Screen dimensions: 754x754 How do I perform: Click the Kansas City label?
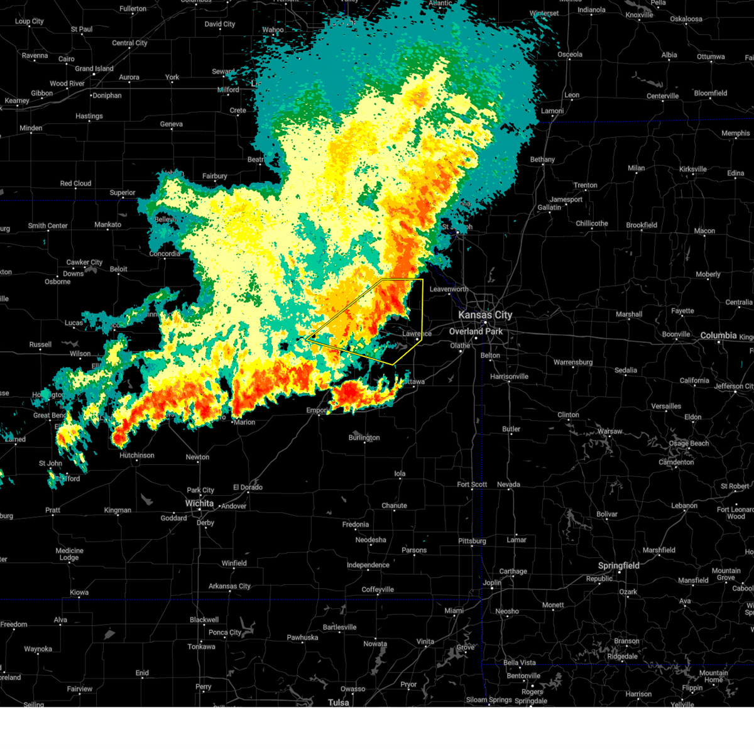tap(485, 315)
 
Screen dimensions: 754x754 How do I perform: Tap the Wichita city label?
tap(199, 503)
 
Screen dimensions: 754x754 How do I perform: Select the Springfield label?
tap(618, 565)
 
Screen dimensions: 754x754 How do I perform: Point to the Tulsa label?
tap(338, 702)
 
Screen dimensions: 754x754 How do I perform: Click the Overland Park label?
tap(476, 331)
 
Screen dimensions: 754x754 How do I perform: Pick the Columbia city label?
tap(718, 336)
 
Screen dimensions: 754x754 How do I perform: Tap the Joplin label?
tap(492, 582)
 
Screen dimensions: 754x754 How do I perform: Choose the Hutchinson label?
tap(137, 456)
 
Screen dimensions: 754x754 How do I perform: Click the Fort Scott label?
tap(472, 484)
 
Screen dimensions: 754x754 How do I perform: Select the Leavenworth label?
tap(449, 289)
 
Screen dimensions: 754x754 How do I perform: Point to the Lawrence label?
tap(417, 334)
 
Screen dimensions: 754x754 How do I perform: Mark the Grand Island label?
tap(94, 68)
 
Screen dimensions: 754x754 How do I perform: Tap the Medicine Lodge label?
tap(69, 554)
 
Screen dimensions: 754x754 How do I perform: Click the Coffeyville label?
tap(378, 589)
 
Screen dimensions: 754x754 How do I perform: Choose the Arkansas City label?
tap(229, 586)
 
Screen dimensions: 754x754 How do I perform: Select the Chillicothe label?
tap(592, 223)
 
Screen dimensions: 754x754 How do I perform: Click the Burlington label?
tap(364, 437)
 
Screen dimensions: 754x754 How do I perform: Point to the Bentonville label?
tap(523, 675)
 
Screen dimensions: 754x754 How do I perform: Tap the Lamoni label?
tap(552, 111)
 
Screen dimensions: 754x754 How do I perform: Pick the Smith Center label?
tap(48, 226)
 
